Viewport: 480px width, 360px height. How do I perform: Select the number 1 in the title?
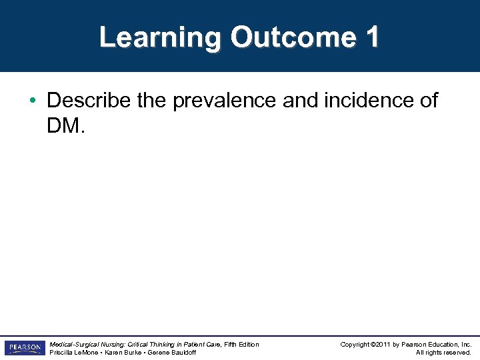[x=371, y=37]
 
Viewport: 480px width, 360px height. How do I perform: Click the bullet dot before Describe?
[x=33, y=101]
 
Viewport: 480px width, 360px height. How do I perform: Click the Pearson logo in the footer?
[x=24, y=348]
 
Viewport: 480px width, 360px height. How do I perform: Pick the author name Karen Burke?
[x=123, y=353]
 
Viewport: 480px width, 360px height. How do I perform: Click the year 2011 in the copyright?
[x=380, y=344]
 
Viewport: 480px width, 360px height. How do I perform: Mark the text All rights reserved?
[x=443, y=353]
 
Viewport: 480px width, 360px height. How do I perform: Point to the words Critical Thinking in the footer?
[x=144, y=344]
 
